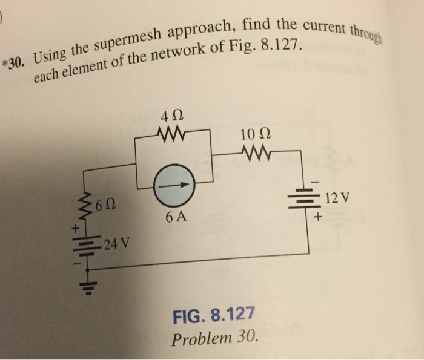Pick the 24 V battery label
[x=115, y=245]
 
